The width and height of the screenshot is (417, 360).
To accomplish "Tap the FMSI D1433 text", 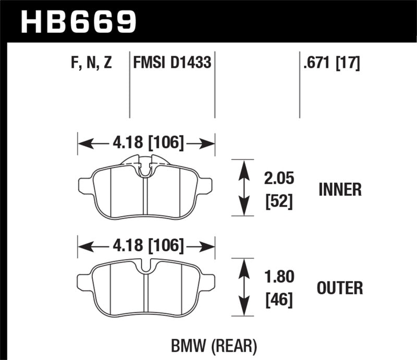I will coord(173,64).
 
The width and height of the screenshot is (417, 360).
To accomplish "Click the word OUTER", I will coord(339,288).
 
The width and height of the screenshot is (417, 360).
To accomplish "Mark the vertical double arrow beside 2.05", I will coord(242,188).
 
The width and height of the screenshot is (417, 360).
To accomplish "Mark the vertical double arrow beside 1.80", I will coord(242,287).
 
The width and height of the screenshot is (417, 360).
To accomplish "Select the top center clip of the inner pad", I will coord(146,166).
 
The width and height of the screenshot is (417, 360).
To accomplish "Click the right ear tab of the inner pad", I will coord(206,185).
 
